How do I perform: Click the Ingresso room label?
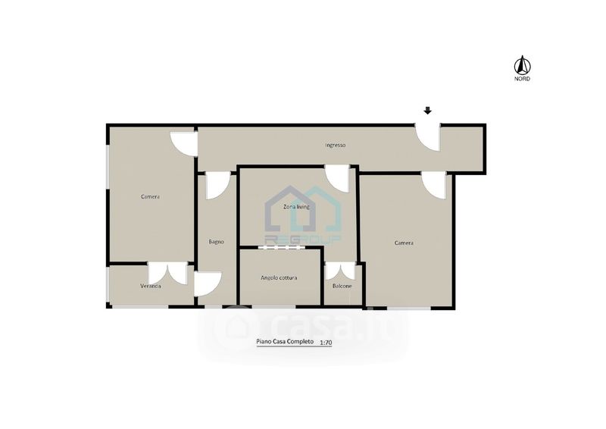point(335,146)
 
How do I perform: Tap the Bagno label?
point(216,242)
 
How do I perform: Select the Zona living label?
point(296,207)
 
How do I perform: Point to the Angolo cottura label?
point(279,277)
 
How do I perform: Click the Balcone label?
point(342,287)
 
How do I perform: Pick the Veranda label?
point(150,287)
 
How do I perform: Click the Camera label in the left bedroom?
point(150,197)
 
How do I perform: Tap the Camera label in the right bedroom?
point(404,243)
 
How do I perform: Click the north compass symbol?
point(522,65)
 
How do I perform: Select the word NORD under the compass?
point(522,79)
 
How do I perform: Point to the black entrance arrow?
point(427,111)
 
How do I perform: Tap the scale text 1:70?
point(326,343)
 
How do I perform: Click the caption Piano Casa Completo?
point(285,342)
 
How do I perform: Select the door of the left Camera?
point(184,144)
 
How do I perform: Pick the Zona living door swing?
point(337,178)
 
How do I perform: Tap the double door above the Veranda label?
point(167,274)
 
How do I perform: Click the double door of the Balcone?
point(340,271)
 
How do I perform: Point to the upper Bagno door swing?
point(218,186)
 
